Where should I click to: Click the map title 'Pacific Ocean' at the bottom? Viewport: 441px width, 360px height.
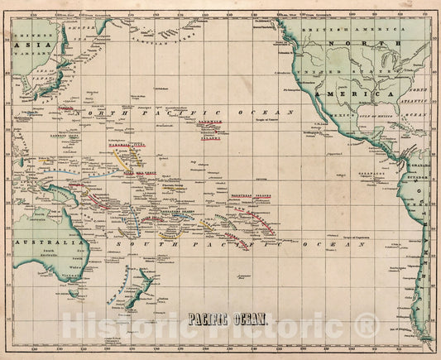tap(220, 316)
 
